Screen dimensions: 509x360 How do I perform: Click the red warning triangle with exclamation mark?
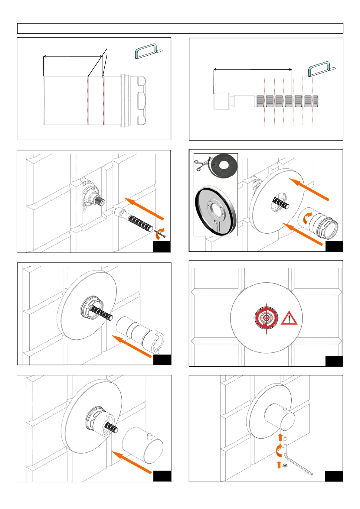click(289, 318)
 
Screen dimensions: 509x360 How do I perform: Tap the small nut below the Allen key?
click(284, 465)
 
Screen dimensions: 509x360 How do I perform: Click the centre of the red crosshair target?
click(267, 318)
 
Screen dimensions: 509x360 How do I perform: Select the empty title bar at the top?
click(180, 28)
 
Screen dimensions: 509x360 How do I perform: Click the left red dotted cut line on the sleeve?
click(88, 100)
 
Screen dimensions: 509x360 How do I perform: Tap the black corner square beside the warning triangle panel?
click(334, 361)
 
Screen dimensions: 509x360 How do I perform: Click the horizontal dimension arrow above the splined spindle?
click(253, 70)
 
